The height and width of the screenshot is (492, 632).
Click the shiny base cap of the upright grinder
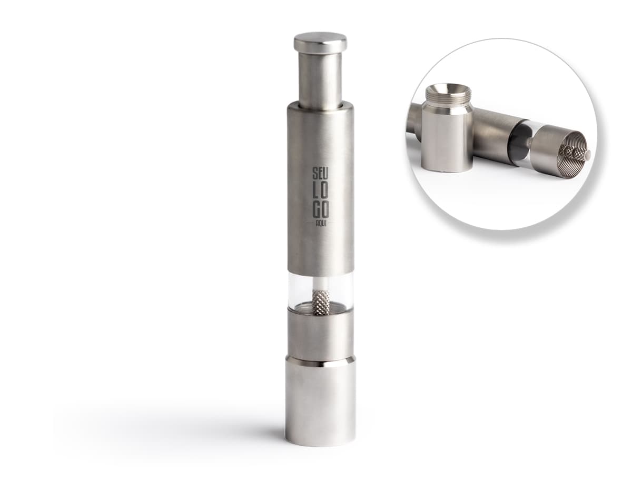tap(320, 405)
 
